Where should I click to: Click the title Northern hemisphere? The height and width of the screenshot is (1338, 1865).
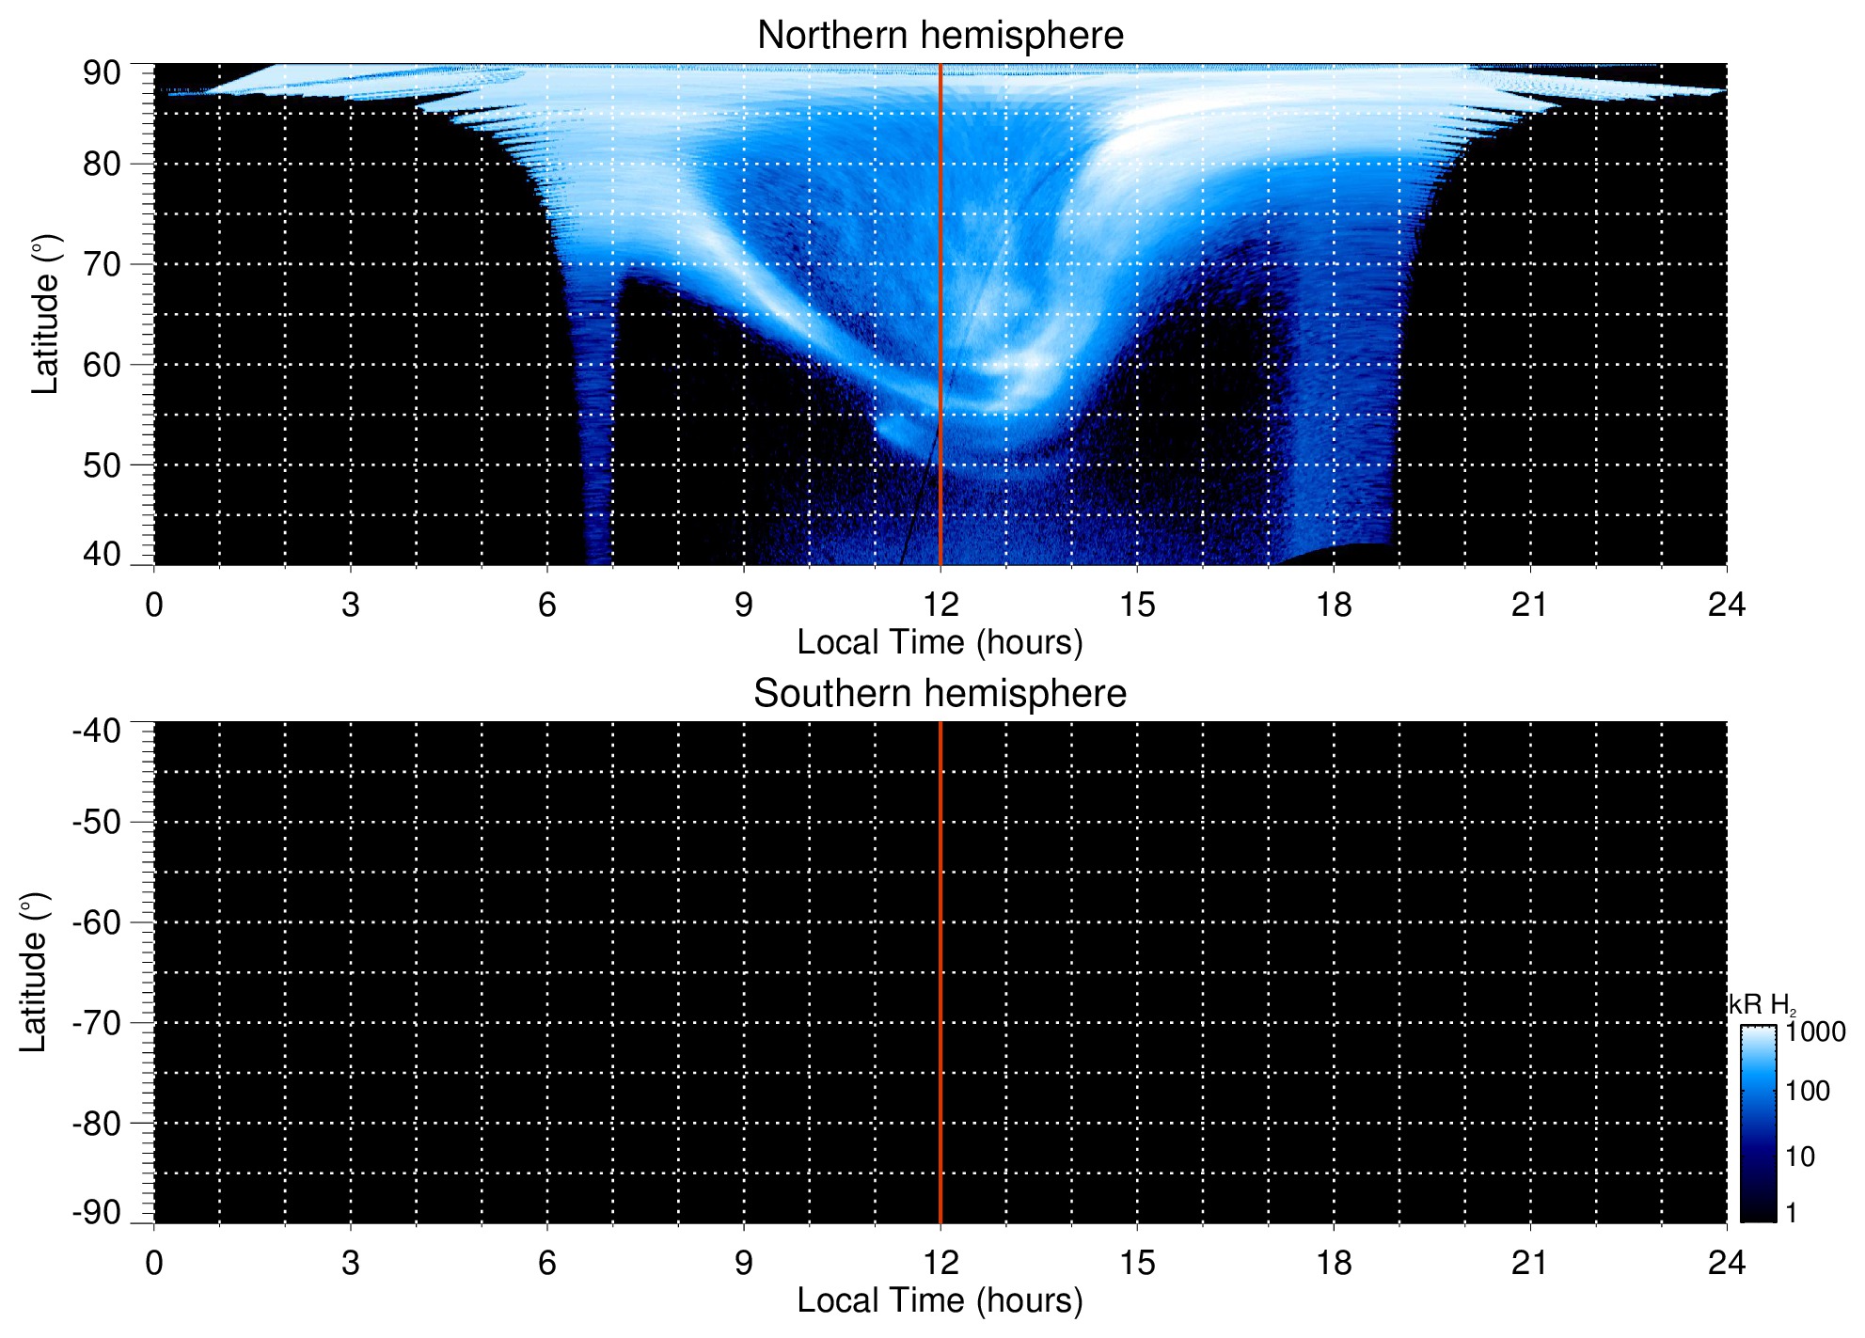coord(940,36)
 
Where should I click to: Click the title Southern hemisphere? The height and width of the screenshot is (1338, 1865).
coord(940,694)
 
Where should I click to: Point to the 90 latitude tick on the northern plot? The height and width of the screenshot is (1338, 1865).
coord(102,73)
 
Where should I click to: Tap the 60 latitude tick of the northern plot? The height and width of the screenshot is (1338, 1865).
coord(102,365)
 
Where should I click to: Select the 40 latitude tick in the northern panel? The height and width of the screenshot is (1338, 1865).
coord(102,555)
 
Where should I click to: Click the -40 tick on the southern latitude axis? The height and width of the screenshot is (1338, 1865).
coord(96,731)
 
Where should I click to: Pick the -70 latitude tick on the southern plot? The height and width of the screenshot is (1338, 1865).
coord(96,1023)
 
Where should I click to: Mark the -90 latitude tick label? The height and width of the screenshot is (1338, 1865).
coord(96,1213)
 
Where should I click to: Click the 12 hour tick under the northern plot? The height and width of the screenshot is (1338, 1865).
coord(940,605)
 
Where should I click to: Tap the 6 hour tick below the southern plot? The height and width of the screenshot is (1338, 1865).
coord(547,1263)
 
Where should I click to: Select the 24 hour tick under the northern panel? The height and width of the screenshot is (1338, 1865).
coord(1726,605)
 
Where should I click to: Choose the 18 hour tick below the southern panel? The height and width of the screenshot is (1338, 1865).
coord(1334,1263)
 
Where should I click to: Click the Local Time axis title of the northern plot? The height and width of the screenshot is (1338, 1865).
coord(940,642)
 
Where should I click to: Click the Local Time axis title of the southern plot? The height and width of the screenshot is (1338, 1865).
coord(940,1300)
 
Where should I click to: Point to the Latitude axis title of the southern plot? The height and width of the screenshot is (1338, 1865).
coord(34,972)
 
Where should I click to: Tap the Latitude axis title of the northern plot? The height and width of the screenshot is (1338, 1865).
coord(45,314)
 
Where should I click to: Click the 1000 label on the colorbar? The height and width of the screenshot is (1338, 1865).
coord(1815,1032)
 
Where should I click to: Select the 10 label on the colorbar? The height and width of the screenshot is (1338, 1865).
coord(1800,1157)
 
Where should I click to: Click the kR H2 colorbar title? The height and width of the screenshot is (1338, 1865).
coord(1762,1005)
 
